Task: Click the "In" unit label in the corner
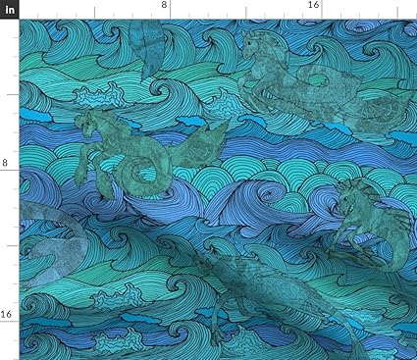tap(9, 8)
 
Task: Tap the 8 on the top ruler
tap(164, 6)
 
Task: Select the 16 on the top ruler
tap(313, 6)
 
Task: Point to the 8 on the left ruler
tap(5, 163)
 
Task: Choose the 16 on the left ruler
tap(6, 314)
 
